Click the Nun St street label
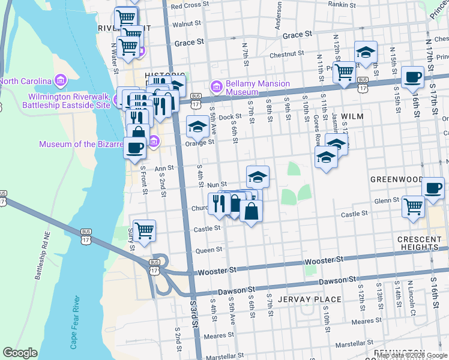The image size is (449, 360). point(217,185)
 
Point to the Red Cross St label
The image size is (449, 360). point(189,5)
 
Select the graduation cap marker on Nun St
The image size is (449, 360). point(258,176)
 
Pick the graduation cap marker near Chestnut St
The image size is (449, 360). point(365,52)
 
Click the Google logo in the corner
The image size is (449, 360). point(20,353)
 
